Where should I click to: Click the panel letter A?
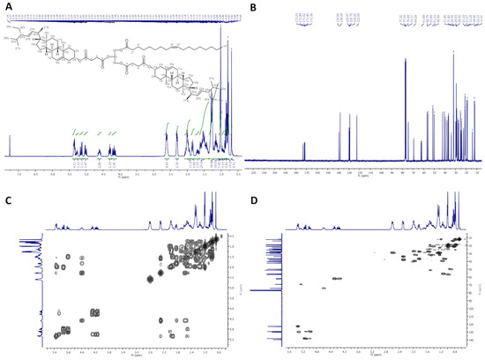coord(6,6)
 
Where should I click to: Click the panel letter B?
coord(250,6)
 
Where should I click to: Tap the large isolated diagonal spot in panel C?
coord(149,281)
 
